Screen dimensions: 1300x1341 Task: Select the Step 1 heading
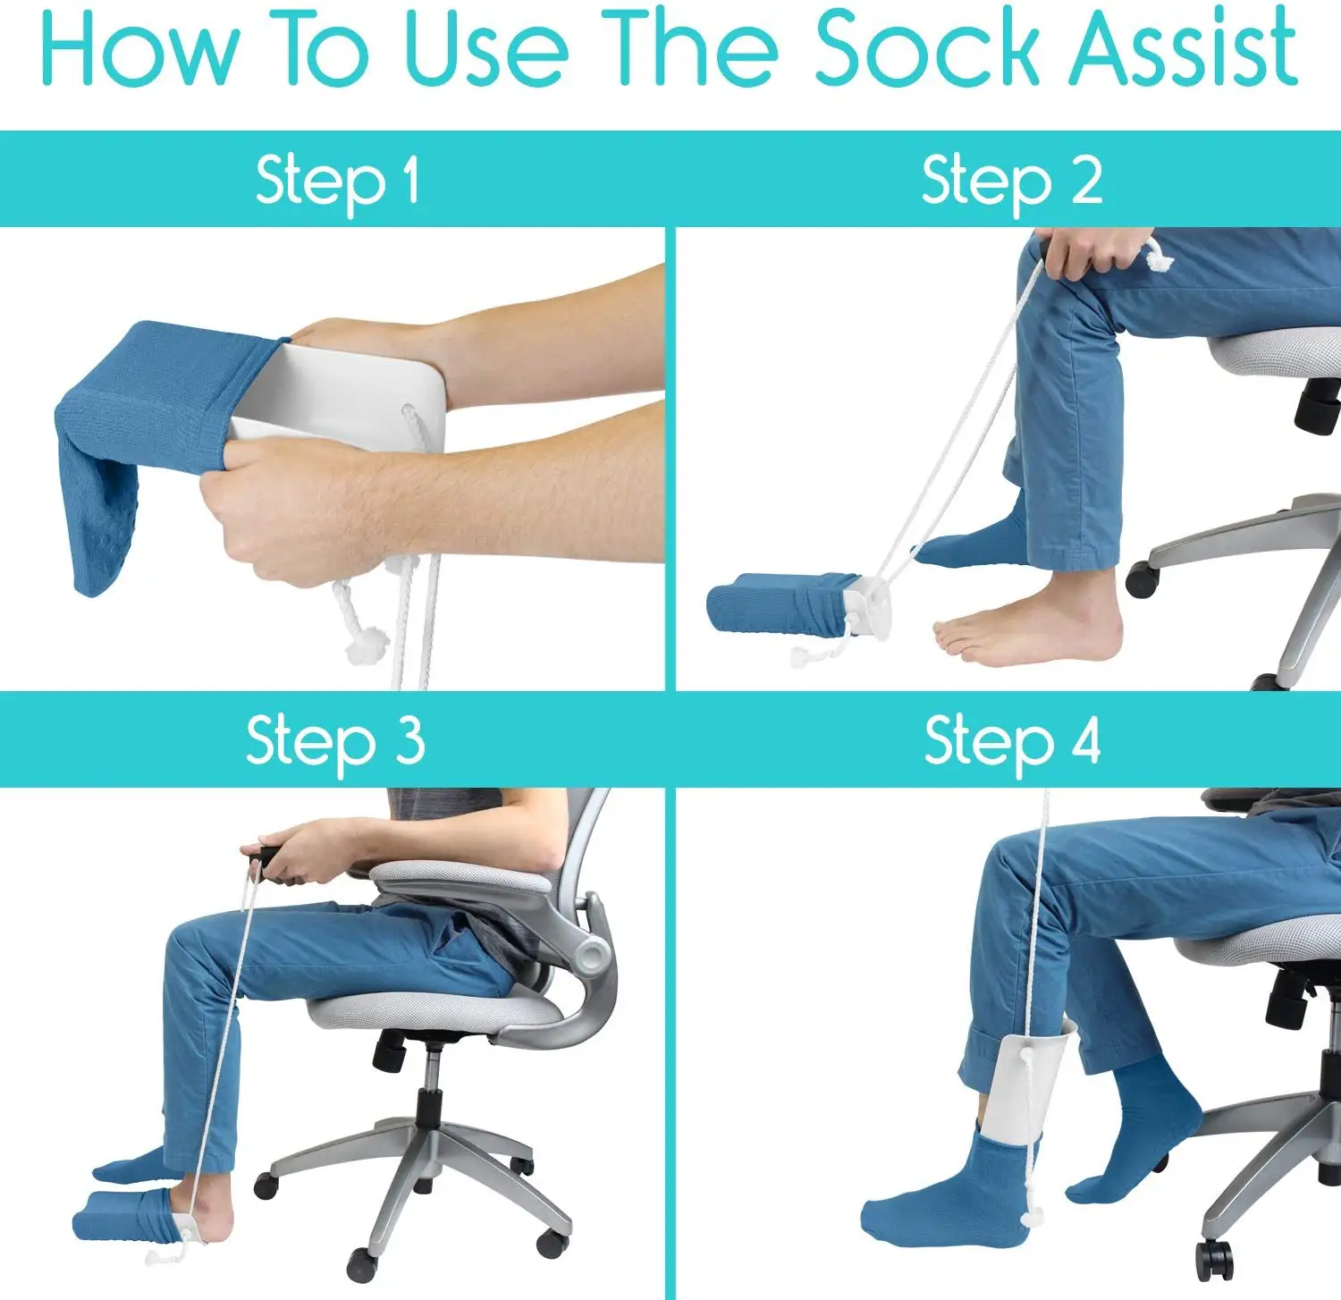pyautogui.click(x=336, y=181)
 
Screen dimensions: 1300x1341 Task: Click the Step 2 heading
pyautogui.click(x=1011, y=181)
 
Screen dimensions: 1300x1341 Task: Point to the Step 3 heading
pyautogui.click(x=334, y=740)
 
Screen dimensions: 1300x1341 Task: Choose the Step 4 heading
pyautogui.click(x=1011, y=740)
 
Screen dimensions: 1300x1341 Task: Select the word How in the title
pyautogui.click(x=139, y=49)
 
